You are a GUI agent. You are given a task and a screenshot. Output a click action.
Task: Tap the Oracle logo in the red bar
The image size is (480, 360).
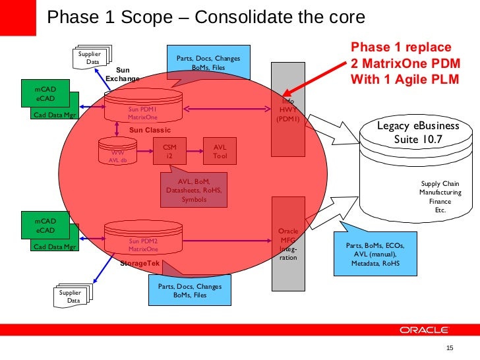[423, 330]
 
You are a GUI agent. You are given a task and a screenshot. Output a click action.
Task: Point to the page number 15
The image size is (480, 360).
[451, 348]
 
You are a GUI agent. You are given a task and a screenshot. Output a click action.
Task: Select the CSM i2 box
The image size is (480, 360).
[169, 152]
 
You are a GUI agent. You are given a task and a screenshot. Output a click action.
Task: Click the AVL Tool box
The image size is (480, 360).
[220, 152]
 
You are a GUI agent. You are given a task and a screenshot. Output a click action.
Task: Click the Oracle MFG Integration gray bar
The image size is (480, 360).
[288, 244]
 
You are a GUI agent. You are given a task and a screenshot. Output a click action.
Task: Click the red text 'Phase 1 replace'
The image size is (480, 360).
[401, 47]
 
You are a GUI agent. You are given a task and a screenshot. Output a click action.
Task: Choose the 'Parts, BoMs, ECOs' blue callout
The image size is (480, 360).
[375, 254]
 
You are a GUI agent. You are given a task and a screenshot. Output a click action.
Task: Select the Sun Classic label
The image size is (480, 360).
[150, 130]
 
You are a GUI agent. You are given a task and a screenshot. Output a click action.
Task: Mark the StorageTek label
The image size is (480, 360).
[140, 263]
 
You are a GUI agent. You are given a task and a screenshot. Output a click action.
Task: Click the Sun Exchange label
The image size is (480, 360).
[123, 74]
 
